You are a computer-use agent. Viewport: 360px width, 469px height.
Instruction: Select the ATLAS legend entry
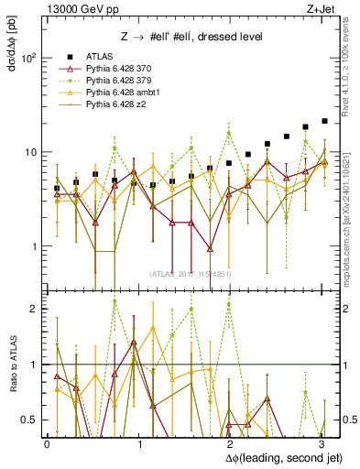(x=101, y=55)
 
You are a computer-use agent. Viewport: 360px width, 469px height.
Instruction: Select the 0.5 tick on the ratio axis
(x=27, y=420)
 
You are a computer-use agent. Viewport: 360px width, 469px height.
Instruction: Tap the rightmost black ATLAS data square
(x=324, y=121)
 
